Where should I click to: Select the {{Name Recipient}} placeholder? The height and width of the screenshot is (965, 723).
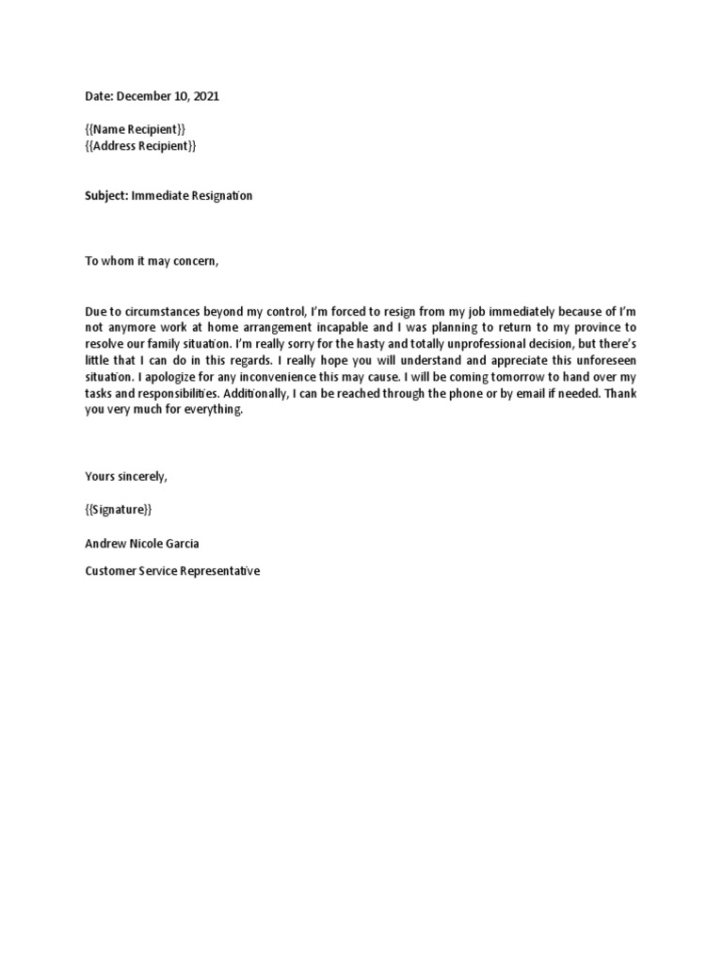point(140,129)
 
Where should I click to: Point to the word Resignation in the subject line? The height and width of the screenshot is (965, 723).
point(218,196)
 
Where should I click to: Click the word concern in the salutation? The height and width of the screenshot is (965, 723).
point(195,261)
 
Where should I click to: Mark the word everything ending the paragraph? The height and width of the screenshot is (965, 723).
point(214,410)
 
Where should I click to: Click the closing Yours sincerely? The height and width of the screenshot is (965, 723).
point(126,477)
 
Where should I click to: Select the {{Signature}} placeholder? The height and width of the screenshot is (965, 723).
point(118,510)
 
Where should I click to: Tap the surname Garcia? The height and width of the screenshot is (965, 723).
point(180,544)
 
